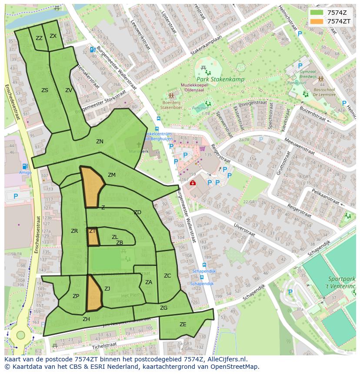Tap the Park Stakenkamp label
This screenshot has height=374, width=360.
point(220,79)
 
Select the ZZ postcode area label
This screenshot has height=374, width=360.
point(39,38)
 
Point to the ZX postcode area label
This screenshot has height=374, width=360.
point(53,36)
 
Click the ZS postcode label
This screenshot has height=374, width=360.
point(45,90)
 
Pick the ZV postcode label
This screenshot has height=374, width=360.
point(69,90)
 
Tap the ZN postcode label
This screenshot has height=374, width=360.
point(100,142)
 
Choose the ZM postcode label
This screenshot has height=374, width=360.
point(112,175)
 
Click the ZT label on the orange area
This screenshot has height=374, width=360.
point(92,231)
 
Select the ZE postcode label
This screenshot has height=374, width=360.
point(183,324)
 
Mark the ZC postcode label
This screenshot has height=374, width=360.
point(167,276)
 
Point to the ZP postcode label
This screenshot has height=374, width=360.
point(76,296)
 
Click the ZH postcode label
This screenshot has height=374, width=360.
point(86,319)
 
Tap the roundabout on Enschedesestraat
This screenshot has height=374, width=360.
point(20,335)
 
